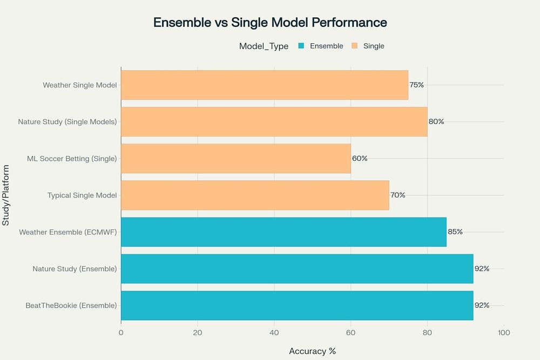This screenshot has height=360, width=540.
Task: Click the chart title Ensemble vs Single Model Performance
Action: click(270, 23)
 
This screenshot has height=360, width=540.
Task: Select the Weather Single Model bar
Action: click(264, 85)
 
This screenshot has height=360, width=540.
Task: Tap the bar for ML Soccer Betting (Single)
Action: click(235, 158)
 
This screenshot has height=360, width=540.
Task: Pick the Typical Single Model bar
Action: click(254, 195)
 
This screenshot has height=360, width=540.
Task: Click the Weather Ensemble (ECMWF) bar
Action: click(283, 232)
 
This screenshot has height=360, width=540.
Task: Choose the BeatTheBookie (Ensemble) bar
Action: click(296, 305)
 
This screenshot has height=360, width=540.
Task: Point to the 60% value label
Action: click(360, 158)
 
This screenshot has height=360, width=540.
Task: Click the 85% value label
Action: click(455, 232)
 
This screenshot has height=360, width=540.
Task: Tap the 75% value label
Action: click(416, 85)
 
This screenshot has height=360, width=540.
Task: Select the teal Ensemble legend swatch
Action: click(301, 46)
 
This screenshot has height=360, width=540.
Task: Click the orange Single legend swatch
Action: click(355, 46)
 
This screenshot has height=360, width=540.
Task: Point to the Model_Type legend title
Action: click(264, 46)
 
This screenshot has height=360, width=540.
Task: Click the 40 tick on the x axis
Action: click(274, 332)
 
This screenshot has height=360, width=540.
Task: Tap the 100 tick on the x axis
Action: click(504, 332)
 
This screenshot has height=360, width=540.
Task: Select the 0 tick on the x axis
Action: click(121, 332)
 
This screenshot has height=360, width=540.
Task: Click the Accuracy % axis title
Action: click(312, 351)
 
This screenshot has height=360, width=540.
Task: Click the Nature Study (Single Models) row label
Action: click(67, 121)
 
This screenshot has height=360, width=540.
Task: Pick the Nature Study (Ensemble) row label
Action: click(75, 268)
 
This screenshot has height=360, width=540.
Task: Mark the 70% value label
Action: click(398, 195)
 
